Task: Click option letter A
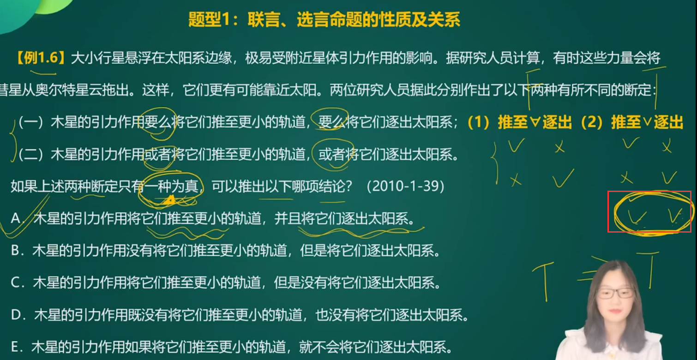tap(16, 218)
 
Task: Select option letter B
tap(16, 251)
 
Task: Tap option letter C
tap(16, 282)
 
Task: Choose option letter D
tap(16, 315)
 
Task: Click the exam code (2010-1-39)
tap(405, 186)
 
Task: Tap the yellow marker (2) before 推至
tap(593, 122)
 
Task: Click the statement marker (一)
tap(31, 122)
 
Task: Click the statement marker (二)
tap(31, 154)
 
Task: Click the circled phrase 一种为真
tap(171, 186)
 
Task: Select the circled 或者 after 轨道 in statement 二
tap(332, 154)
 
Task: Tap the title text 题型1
tap(209, 19)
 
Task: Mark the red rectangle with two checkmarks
tap(649, 211)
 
